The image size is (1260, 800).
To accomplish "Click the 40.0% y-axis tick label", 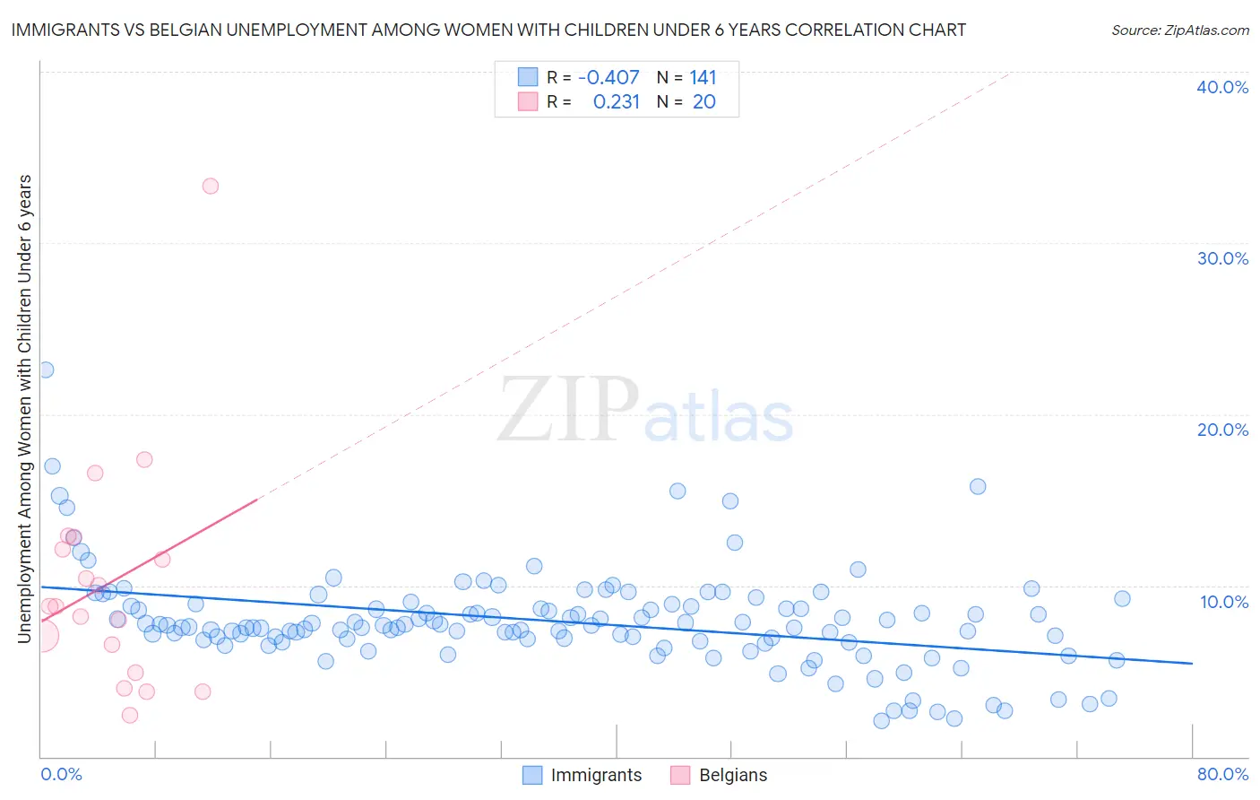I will pyautogui.click(x=1221, y=87).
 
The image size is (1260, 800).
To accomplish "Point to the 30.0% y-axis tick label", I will pyautogui.click(x=1221, y=258).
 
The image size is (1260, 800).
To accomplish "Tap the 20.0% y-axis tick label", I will pyautogui.click(x=1221, y=430).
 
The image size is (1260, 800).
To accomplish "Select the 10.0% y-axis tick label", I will pyautogui.click(x=1223, y=602).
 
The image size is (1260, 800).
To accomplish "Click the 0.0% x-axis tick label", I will pyautogui.click(x=61, y=774).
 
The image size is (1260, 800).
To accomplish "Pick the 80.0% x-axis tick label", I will pyautogui.click(x=1222, y=774).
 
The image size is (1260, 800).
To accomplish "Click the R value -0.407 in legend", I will pyautogui.click(x=608, y=78).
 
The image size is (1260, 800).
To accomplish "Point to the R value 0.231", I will pyautogui.click(x=617, y=102).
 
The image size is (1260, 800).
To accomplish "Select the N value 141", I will pyautogui.click(x=703, y=78).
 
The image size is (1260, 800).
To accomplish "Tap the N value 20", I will pyautogui.click(x=703, y=102).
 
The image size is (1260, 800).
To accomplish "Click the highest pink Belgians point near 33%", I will pyautogui.click(x=211, y=187).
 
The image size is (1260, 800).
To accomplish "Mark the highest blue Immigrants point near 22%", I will pyautogui.click(x=46, y=370).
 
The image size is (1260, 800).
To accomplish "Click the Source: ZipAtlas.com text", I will pyautogui.click(x=1179, y=30).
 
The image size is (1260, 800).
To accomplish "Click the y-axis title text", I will pyautogui.click(x=25, y=408).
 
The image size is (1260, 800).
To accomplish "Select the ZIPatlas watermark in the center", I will pyautogui.click(x=645, y=411).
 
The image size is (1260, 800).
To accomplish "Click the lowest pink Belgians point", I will pyautogui.click(x=130, y=715).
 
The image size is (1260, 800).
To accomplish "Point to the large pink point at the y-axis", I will pyautogui.click(x=42, y=636).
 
